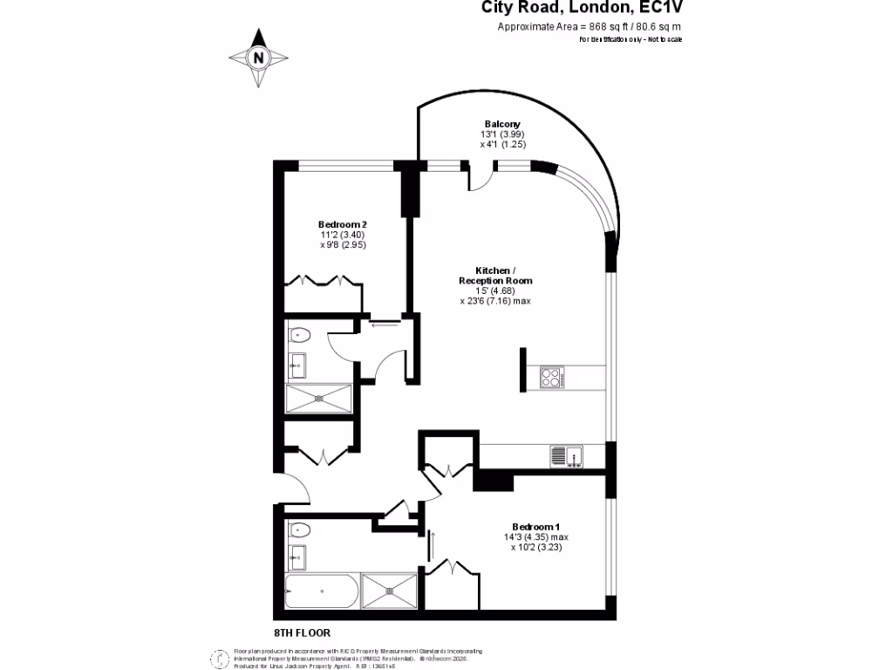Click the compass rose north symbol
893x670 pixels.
point(258,58)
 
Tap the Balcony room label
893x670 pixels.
point(502,124)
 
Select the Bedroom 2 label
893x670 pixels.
point(336,225)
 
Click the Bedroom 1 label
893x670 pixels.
point(535,527)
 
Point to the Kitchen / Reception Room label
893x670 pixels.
point(494,276)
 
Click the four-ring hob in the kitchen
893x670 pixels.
point(552,378)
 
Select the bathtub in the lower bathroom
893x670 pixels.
point(322,591)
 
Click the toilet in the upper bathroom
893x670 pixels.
point(299,334)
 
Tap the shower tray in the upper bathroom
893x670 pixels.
point(320,399)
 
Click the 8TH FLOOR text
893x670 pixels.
point(302,632)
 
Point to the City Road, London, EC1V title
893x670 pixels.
point(583,8)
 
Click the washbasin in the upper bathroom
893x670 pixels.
point(297,365)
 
